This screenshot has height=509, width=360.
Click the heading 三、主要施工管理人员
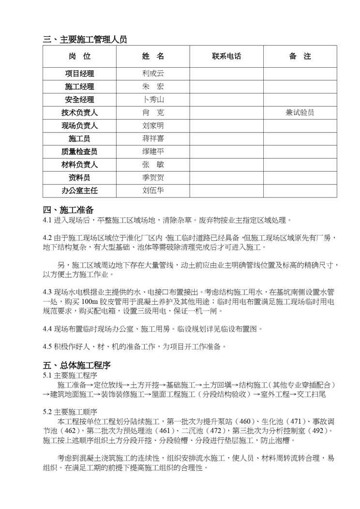click(85, 40)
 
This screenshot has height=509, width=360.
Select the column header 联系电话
click(226, 56)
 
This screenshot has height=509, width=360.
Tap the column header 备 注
click(300, 56)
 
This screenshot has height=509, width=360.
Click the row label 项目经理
click(80, 74)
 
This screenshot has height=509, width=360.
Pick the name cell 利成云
click(153, 74)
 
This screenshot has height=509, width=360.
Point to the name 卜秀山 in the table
click(153, 100)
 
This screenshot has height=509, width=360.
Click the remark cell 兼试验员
click(300, 113)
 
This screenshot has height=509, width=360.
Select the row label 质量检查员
click(80, 151)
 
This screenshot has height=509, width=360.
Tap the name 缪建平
click(153, 151)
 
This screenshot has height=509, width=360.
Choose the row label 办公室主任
click(80, 191)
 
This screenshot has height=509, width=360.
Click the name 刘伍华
click(153, 190)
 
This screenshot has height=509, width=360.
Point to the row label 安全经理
click(80, 100)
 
